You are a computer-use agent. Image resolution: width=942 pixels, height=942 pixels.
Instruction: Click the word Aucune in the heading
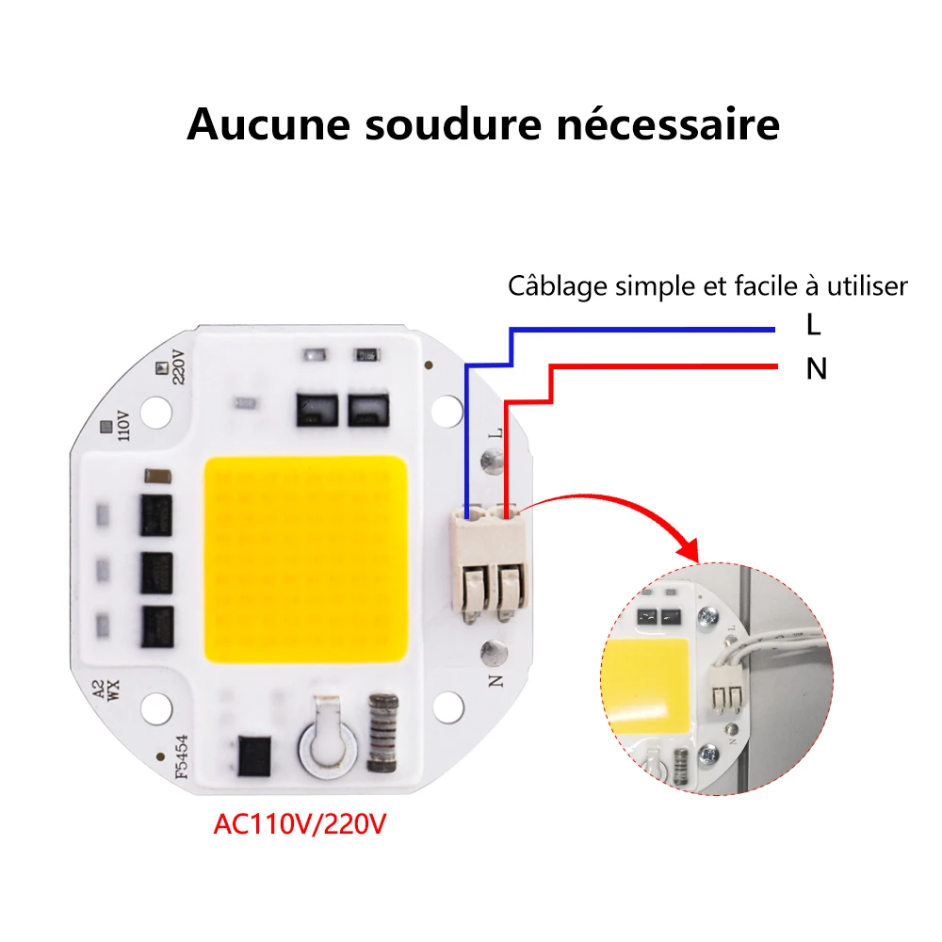click(x=268, y=125)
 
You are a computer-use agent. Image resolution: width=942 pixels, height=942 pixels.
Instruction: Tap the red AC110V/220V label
click(x=300, y=824)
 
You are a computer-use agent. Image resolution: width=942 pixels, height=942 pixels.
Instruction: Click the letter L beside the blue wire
click(x=814, y=325)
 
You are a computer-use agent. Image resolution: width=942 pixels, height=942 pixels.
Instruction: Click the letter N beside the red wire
click(x=817, y=369)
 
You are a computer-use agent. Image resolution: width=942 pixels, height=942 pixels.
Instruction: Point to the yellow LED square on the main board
click(x=306, y=560)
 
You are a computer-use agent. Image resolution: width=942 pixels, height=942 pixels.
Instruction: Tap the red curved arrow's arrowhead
click(x=689, y=548)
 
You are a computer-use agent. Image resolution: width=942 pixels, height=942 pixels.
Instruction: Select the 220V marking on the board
click(x=179, y=366)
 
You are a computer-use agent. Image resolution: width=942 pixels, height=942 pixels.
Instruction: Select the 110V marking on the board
click(x=123, y=426)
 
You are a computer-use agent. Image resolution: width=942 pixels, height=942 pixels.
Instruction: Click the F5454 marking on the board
click(x=182, y=756)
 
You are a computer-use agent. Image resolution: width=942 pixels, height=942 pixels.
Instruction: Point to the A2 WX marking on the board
click(x=106, y=690)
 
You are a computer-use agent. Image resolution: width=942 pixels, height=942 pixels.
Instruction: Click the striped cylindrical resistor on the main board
click(x=383, y=734)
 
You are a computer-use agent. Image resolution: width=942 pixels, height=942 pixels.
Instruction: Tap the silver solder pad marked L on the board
click(x=493, y=462)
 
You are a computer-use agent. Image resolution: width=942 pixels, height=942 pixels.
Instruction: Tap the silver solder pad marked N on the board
click(x=494, y=653)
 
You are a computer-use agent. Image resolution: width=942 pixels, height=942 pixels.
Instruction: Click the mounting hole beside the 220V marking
click(x=156, y=413)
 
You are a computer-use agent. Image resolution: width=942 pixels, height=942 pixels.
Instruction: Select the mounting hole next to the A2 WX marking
click(x=156, y=707)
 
